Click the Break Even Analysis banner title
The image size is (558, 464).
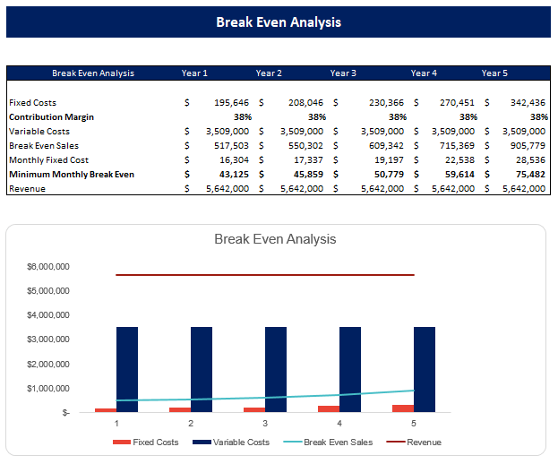click(x=279, y=21)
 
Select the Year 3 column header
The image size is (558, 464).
click(x=343, y=73)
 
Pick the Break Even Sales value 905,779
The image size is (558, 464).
click(x=525, y=145)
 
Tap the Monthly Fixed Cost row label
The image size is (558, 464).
click(x=48, y=159)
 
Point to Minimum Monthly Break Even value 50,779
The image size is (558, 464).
click(x=382, y=174)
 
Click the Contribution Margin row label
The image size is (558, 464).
click(x=51, y=116)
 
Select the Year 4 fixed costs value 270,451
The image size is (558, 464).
click(x=457, y=103)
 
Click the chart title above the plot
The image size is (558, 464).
click(x=275, y=239)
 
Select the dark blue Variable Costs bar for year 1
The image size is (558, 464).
click(x=127, y=367)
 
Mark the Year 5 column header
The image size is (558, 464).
click(x=494, y=73)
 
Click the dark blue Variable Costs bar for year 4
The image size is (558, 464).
click(x=350, y=367)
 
